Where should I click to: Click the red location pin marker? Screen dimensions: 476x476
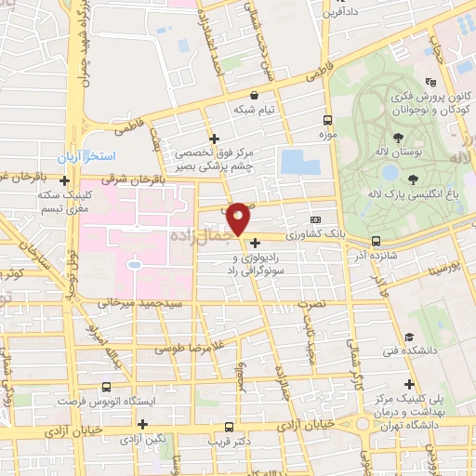pos(238,218)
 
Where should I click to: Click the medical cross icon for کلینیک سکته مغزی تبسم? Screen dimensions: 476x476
pos(63,178)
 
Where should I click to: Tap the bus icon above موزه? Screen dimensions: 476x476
pos(326,120)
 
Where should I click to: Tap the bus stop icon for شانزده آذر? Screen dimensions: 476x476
pos(376,241)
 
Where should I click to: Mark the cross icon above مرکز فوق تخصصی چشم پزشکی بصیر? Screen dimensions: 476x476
pos(214,137)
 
